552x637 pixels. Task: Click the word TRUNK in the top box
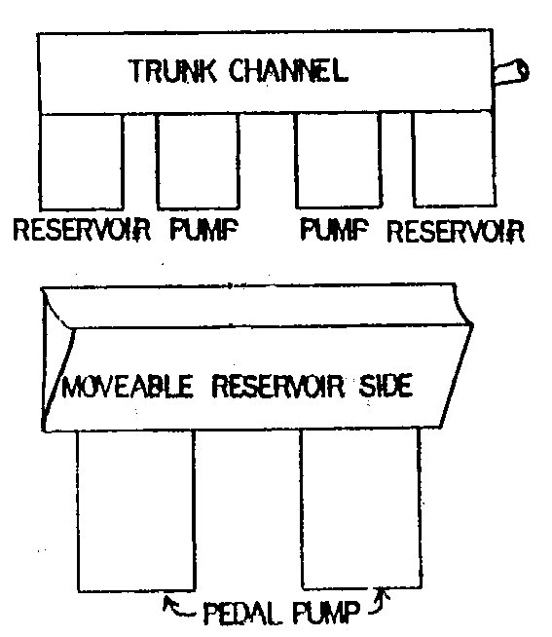pos(172,71)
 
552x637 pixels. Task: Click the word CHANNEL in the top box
pos(288,71)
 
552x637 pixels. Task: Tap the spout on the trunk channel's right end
pos(511,73)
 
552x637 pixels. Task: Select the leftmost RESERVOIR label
pos(82,230)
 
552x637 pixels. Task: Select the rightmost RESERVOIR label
pos(456,232)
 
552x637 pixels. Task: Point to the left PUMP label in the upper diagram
pos(203,229)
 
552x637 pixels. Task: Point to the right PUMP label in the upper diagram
pos(334,229)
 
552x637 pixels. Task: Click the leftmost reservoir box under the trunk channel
pos(81,162)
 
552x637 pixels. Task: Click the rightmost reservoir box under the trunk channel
pos(454,160)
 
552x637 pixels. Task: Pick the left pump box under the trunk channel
pos(198,162)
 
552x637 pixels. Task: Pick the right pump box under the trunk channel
pos(338,161)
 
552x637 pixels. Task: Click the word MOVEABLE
pos(128,387)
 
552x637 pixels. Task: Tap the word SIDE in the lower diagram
pos(386,386)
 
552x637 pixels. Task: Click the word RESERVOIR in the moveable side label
pos(277,386)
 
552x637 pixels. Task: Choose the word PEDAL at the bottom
pos(241,613)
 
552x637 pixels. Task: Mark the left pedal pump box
pos(136,510)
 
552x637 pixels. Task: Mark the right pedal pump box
pos(361,507)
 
